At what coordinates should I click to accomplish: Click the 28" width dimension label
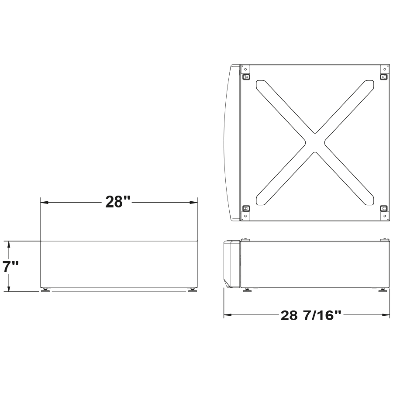[x=118, y=202]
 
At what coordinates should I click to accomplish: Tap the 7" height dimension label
[x=10, y=266]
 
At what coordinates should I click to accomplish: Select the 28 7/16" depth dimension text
[x=310, y=315]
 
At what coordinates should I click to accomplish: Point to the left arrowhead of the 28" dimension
[x=44, y=202]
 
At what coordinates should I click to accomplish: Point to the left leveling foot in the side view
[x=247, y=290]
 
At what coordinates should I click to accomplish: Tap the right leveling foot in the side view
[x=383, y=290]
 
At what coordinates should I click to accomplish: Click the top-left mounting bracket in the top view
[x=246, y=77]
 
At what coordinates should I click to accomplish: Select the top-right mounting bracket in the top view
[x=384, y=77]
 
